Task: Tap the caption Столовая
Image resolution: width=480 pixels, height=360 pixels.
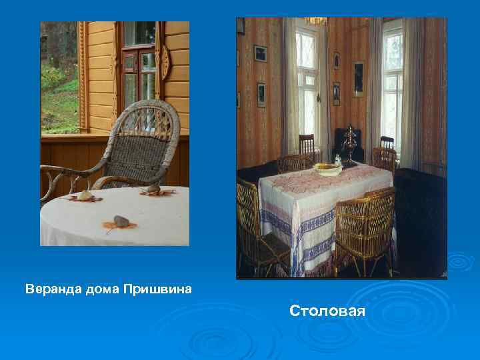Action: tap(327, 311)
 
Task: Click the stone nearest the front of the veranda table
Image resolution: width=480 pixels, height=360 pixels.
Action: tap(121, 221)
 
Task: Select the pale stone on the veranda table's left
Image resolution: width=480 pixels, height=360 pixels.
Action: tap(85, 195)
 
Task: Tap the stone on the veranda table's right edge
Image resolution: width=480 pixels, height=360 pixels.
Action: tap(154, 190)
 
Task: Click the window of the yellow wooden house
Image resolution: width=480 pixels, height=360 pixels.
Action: tap(139, 67)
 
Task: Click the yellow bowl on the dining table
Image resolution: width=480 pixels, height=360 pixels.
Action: tap(327, 169)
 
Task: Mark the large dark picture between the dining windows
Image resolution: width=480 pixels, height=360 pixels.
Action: tap(358, 79)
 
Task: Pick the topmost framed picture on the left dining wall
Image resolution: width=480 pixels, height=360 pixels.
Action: tap(260, 53)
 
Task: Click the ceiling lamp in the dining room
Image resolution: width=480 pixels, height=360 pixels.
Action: tap(316, 21)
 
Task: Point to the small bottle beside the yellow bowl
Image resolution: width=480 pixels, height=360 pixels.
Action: tap(339, 160)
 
